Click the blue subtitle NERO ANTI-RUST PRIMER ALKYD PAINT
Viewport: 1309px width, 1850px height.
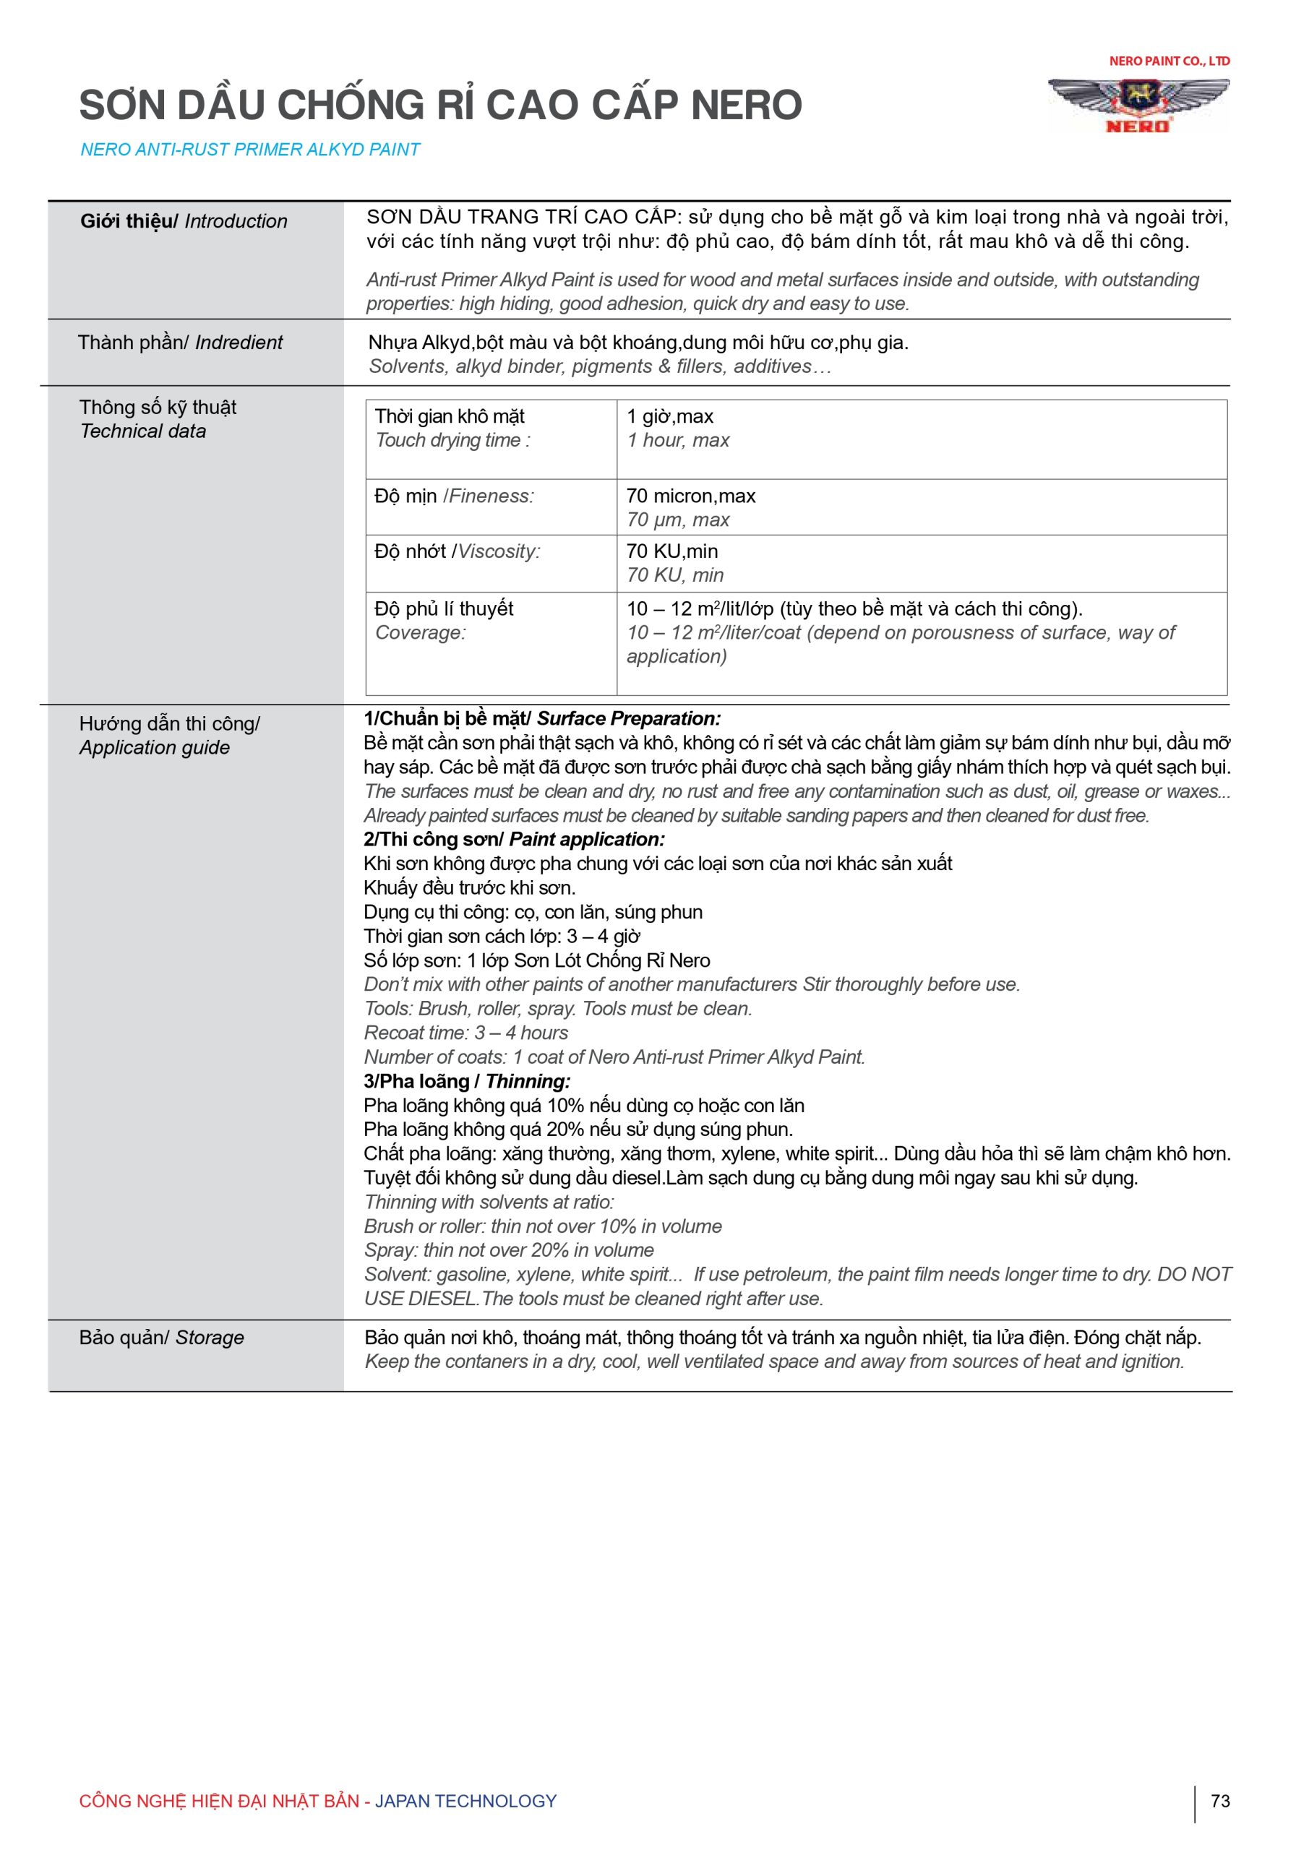tap(250, 150)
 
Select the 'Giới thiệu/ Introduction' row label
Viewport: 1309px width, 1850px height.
tap(183, 222)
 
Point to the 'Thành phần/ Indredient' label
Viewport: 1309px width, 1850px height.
tap(180, 343)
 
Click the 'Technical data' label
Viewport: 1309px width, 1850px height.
tap(142, 431)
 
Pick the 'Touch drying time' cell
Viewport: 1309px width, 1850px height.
tap(452, 440)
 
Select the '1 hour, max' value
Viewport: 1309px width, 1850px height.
tap(678, 440)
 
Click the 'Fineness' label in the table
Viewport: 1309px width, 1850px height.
tap(491, 496)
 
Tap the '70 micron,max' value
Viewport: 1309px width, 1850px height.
tap(691, 496)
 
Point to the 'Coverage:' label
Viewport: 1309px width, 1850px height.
tap(420, 632)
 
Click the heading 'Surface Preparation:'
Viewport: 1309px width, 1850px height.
tap(629, 719)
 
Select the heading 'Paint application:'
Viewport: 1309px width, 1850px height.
tap(587, 840)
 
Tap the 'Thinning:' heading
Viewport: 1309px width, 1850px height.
tap(528, 1081)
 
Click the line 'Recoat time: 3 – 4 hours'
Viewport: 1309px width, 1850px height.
tap(466, 1033)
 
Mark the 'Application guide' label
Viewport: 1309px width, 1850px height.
tap(154, 748)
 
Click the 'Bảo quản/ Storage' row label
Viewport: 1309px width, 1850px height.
tap(161, 1338)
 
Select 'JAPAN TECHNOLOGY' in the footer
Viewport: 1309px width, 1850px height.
tap(466, 1801)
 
